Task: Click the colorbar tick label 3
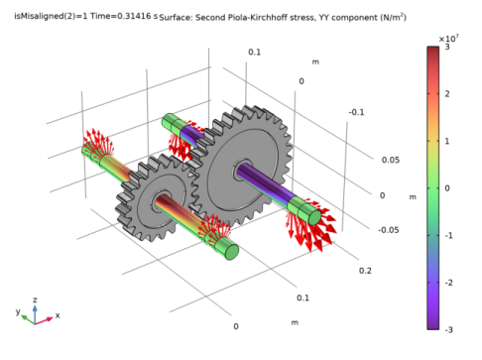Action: [446, 48]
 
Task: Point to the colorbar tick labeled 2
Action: [446, 94]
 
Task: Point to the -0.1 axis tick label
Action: [356, 112]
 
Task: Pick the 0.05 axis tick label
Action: [389, 160]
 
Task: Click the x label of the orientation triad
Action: [58, 315]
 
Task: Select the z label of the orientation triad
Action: [36, 299]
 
